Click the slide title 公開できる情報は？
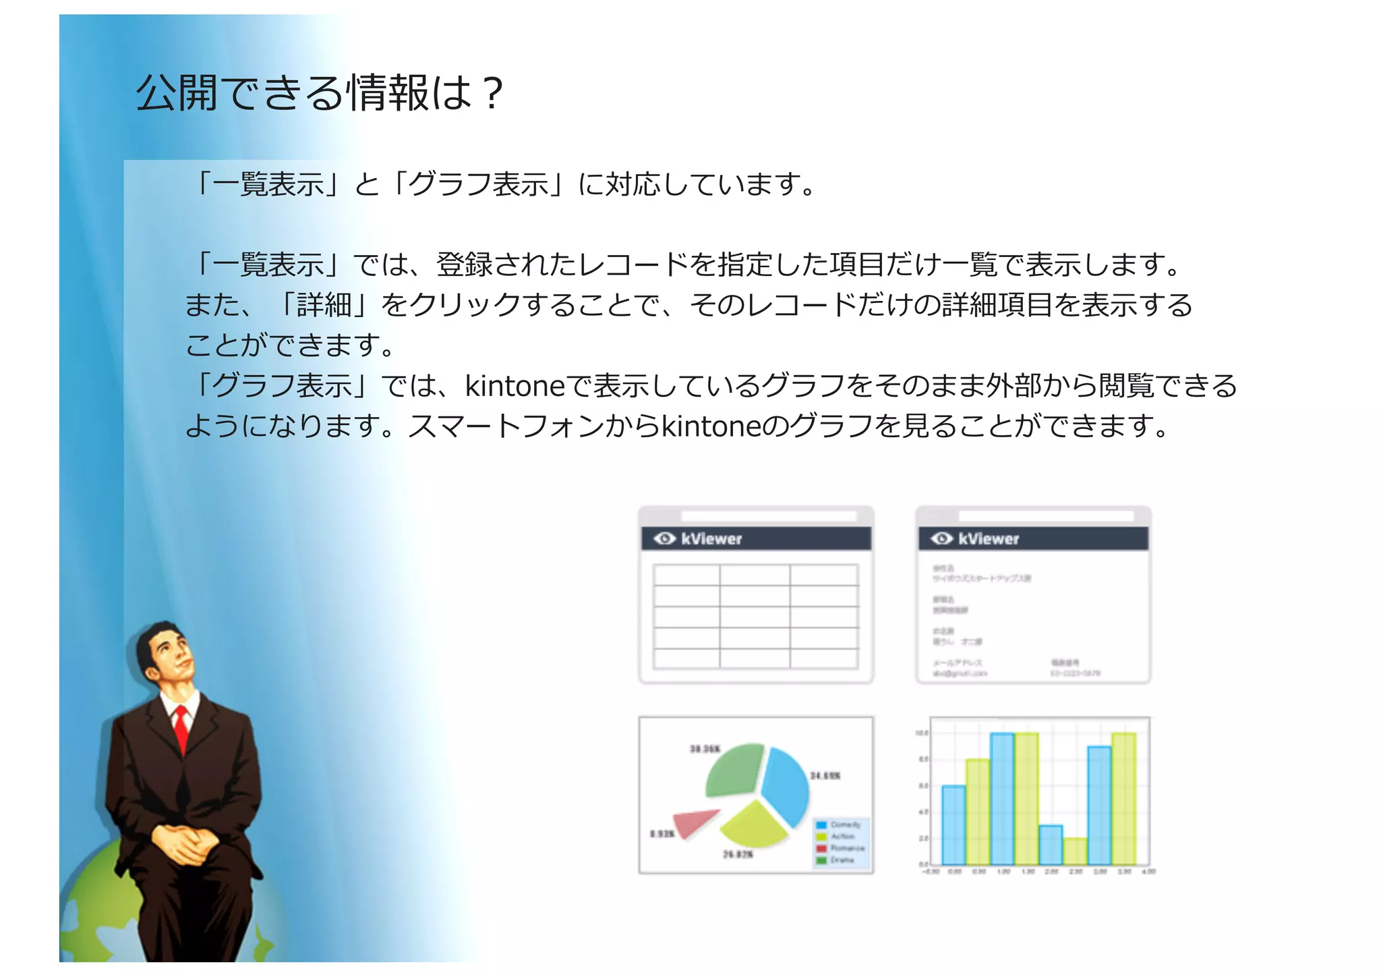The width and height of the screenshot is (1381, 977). pyautogui.click(x=319, y=92)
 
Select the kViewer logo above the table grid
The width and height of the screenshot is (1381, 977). pyautogui.click(x=699, y=538)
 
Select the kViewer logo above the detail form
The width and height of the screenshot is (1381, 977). pyautogui.click(x=976, y=538)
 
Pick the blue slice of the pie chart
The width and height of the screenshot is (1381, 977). pyautogui.click(x=786, y=786)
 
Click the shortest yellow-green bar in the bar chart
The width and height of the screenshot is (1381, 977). pyautogui.click(x=1075, y=852)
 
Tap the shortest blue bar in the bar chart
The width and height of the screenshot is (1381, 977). pyautogui.click(x=1051, y=845)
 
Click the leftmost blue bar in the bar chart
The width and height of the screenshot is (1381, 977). pyautogui.click(x=953, y=825)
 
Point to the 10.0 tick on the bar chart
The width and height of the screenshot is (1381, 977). pyautogui.click(x=922, y=733)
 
